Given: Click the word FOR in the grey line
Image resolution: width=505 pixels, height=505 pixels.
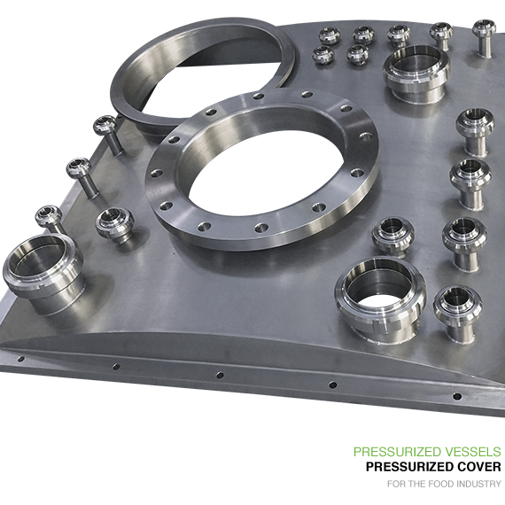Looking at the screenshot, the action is point(394,484).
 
